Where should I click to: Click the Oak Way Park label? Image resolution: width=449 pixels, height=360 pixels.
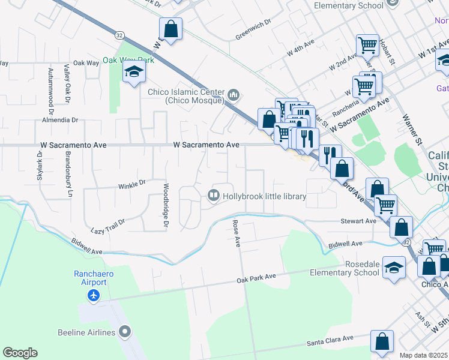coord(128,60)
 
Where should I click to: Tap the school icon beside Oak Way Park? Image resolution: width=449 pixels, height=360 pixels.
coord(134,73)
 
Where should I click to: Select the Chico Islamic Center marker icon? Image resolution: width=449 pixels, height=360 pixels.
coord(234,94)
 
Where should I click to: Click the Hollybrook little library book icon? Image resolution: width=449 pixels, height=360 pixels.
coord(213,196)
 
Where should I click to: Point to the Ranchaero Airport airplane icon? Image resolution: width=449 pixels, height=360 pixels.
coord(93,295)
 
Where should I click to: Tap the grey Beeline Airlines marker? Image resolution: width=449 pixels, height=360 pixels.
coord(125,332)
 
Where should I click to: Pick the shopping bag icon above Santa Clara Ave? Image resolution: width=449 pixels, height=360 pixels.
coord(382,341)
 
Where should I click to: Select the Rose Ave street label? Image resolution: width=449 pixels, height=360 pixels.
coord(237,233)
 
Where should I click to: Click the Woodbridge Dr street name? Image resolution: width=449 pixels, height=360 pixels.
coord(166,206)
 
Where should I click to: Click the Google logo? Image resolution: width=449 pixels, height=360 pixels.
coord(20,353)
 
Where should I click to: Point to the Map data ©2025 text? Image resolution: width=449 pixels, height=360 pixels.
coord(424,356)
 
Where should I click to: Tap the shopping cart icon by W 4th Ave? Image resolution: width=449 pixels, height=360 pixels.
coord(367,45)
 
